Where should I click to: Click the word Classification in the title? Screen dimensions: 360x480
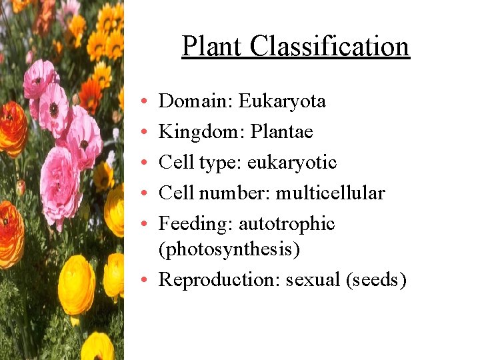(330, 46)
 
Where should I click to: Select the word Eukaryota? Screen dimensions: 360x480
(283, 101)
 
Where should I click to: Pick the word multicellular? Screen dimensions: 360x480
(330, 193)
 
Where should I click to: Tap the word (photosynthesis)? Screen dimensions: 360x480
(229, 250)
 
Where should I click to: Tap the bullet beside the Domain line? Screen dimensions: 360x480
(145, 102)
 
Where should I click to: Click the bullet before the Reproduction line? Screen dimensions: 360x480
(145, 281)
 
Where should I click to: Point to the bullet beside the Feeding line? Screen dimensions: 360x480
(145, 225)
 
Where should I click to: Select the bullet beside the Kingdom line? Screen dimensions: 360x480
(145, 133)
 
